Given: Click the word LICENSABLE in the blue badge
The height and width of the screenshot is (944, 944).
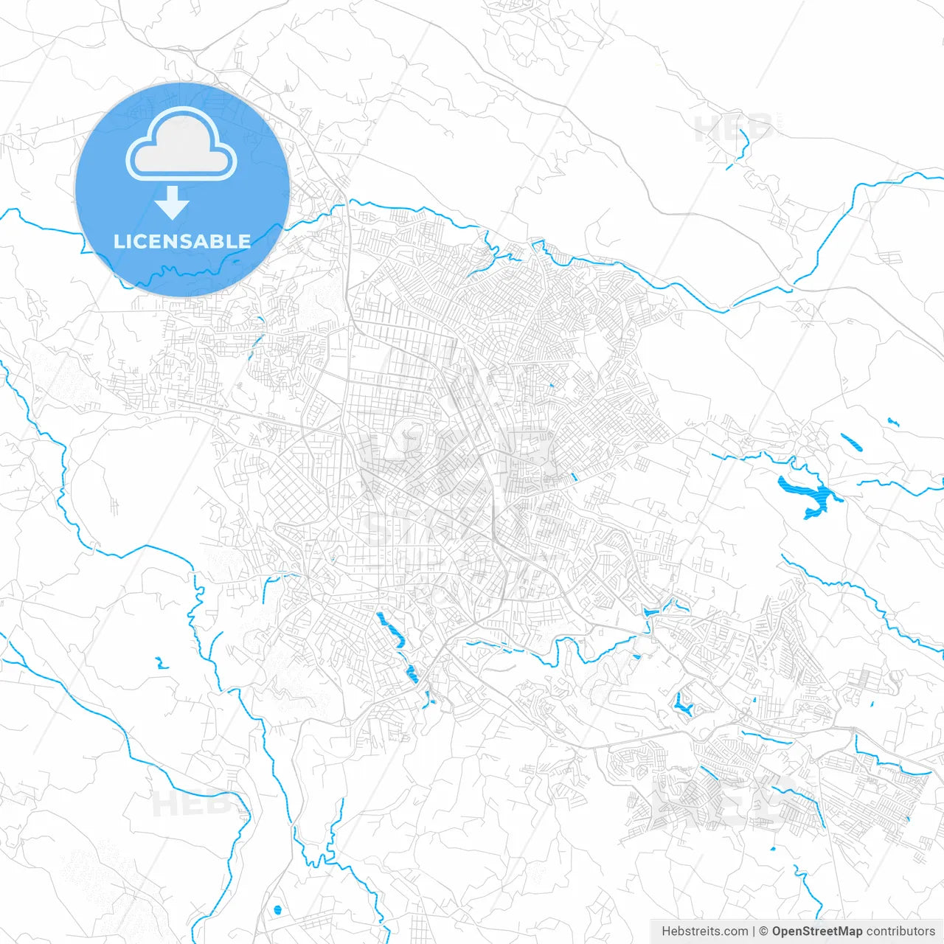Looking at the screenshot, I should (181, 241).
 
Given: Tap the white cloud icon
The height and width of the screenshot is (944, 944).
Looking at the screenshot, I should (181, 145).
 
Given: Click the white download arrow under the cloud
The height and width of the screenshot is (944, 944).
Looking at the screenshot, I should (173, 202).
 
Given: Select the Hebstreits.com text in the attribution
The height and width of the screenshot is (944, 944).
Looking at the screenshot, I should (704, 931).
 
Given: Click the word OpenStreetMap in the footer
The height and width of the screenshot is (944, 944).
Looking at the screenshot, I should (817, 931).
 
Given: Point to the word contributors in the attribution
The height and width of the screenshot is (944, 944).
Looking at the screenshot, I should (900, 931).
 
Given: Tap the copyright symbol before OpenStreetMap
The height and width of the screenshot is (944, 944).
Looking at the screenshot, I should (764, 931).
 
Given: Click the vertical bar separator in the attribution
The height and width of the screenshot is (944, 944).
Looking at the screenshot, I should (754, 931).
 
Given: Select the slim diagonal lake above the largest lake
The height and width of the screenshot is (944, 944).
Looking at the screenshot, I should (852, 442).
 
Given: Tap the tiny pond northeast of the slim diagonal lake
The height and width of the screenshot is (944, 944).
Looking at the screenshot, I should (893, 422).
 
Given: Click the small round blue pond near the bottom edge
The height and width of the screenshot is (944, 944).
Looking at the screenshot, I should (277, 909).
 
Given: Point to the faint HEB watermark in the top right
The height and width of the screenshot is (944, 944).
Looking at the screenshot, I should (734, 128).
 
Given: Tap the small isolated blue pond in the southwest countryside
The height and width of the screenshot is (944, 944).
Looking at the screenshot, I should (160, 663).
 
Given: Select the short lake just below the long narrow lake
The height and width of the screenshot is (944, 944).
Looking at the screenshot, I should (412, 673).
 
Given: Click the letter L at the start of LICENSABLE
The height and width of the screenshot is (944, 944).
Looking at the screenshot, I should (118, 241).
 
